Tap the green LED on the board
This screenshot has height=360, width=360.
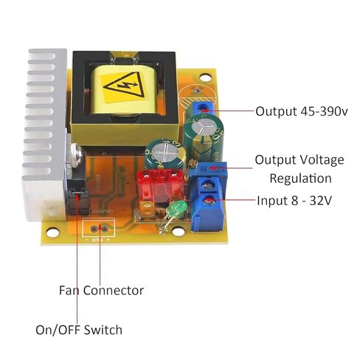[x=176, y=209]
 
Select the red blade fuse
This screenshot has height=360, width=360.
[x=160, y=186]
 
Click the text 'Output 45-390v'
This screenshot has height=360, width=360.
[x=302, y=111]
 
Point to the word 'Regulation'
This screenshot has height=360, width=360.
[x=300, y=179]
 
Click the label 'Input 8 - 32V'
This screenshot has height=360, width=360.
[x=294, y=201]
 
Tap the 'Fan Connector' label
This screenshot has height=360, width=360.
[x=101, y=291]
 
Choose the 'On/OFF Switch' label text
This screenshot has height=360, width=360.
[x=79, y=330]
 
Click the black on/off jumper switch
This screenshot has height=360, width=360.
[x=78, y=198]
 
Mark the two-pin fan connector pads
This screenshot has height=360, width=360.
[x=100, y=229]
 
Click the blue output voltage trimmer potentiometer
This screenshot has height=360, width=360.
[x=208, y=169]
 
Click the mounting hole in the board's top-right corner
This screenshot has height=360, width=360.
[x=205, y=78]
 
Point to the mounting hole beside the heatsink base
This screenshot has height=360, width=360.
[x=52, y=232]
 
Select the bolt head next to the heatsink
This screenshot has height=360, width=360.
[x=77, y=153]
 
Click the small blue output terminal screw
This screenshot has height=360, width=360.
[x=204, y=108]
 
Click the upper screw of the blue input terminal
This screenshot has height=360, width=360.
[x=208, y=184]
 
